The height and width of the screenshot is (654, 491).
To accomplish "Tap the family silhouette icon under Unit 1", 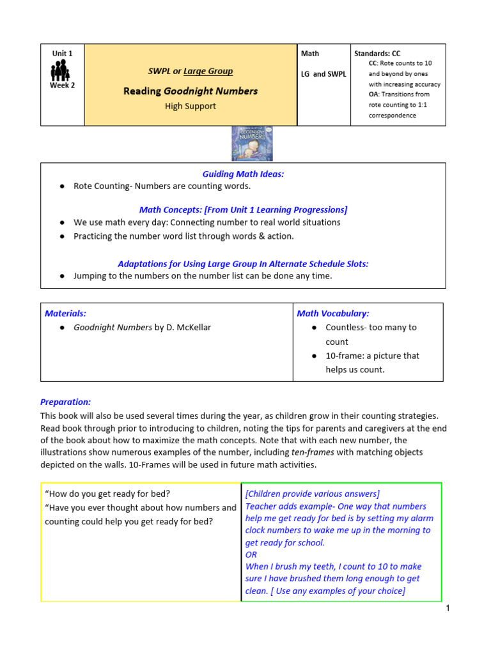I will pyautogui.click(x=62, y=70).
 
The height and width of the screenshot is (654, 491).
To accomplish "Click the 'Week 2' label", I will pyautogui.click(x=62, y=85).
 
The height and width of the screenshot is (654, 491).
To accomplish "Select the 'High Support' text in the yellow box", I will pyautogui.click(x=190, y=106).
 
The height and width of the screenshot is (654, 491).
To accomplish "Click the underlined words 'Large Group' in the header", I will pyautogui.click(x=208, y=71).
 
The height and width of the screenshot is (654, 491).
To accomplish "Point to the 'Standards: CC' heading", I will pyautogui.click(x=377, y=54).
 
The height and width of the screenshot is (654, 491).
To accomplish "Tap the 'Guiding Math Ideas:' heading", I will pyautogui.click(x=243, y=174).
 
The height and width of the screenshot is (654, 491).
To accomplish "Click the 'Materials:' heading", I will pyautogui.click(x=65, y=313).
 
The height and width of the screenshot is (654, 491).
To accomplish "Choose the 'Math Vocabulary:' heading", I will pyautogui.click(x=333, y=313).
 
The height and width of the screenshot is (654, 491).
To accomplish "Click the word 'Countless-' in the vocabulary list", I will pyautogui.click(x=346, y=327).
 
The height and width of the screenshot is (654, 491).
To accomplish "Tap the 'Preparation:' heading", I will pyautogui.click(x=65, y=402).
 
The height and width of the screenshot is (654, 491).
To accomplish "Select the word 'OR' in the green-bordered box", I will pyautogui.click(x=251, y=554).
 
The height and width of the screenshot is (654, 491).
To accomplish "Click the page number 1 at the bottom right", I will pyautogui.click(x=448, y=609).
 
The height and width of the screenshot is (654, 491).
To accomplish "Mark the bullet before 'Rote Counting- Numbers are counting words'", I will pyautogui.click(x=61, y=186).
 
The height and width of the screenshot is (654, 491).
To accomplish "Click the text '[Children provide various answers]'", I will pyautogui.click(x=312, y=494).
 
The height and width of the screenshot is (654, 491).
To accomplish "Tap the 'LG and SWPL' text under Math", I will pyautogui.click(x=323, y=74).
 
